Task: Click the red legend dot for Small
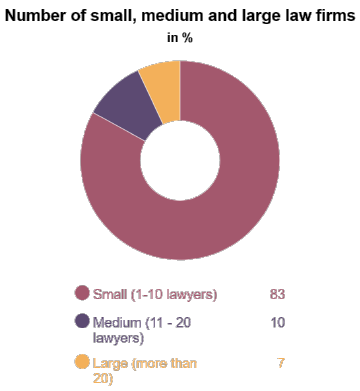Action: (82, 294)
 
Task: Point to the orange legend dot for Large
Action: (82, 363)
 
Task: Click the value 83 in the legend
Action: (278, 294)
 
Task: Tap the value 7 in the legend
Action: (281, 362)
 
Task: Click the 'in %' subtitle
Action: (180, 38)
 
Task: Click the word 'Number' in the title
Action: (38, 15)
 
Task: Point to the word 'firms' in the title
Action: (330, 15)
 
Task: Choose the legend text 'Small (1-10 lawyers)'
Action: (154, 294)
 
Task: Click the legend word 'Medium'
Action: (116, 323)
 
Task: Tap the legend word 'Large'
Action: (110, 362)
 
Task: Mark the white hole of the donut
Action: (180, 161)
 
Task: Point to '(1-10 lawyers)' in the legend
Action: (172, 294)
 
